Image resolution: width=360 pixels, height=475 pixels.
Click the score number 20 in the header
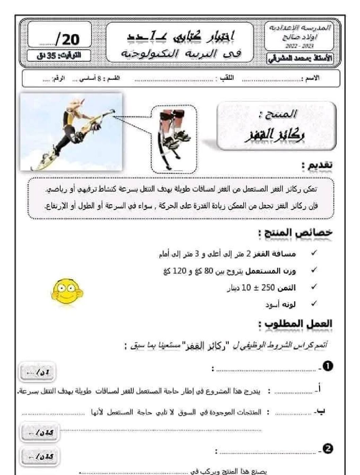coord(70,39)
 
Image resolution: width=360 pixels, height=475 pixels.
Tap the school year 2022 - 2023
coord(299,46)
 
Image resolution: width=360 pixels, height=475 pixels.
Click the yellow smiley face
coord(67,291)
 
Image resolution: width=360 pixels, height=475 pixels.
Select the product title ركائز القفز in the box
coord(275,135)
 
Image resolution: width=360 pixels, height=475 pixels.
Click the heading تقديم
coord(316,165)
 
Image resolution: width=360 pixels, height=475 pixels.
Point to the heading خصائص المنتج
coord(295,233)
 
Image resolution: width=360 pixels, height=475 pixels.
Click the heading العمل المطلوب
coord(295,324)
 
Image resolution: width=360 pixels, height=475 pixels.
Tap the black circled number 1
coord(328,366)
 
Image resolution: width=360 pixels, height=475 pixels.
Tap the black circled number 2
coord(328,449)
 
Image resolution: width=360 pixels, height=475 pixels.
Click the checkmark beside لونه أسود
coord(314,303)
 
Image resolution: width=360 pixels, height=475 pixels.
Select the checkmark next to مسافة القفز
coord(314,253)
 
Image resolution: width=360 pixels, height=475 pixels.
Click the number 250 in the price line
coord(268,288)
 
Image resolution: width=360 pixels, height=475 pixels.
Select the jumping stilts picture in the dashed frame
coord(174,139)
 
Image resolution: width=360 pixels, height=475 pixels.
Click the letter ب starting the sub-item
coord(321,411)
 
